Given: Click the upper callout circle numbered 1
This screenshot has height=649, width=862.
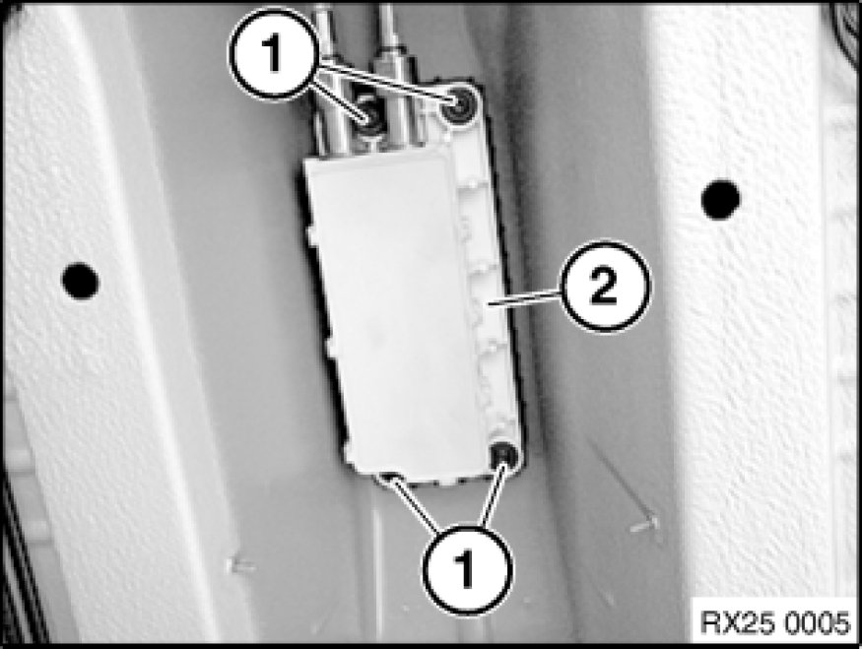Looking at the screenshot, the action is [x=273, y=54].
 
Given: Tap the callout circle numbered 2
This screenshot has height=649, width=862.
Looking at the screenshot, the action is [x=604, y=286].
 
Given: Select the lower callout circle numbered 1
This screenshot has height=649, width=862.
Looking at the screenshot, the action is [x=467, y=569].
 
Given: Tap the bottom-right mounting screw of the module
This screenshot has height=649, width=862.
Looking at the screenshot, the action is [x=503, y=455].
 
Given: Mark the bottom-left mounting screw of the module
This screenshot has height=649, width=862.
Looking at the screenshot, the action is [x=388, y=476].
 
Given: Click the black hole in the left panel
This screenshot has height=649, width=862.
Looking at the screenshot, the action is [x=80, y=281].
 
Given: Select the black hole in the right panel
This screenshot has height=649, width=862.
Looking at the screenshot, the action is [x=721, y=200].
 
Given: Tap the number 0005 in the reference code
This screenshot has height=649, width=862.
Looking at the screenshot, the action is [x=817, y=622].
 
